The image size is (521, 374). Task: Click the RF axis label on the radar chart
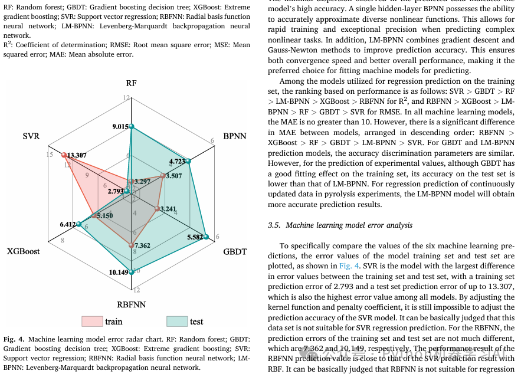(131, 83)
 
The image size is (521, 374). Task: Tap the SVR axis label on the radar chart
(31, 136)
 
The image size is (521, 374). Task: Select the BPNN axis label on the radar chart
(235, 136)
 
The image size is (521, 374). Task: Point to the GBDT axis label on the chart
(235, 251)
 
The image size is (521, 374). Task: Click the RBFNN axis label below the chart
(131, 304)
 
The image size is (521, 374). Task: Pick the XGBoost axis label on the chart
(24, 251)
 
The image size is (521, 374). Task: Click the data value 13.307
(77, 156)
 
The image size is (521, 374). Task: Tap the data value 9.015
(120, 126)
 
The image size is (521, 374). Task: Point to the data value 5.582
(195, 237)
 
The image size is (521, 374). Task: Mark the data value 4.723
(177, 160)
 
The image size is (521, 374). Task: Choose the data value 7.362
(142, 245)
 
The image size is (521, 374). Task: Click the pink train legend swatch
(91, 321)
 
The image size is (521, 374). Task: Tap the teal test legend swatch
(176, 321)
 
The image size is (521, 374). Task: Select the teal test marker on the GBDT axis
(206, 237)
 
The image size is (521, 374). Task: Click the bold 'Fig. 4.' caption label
(14, 340)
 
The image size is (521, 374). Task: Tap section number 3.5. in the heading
(274, 225)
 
